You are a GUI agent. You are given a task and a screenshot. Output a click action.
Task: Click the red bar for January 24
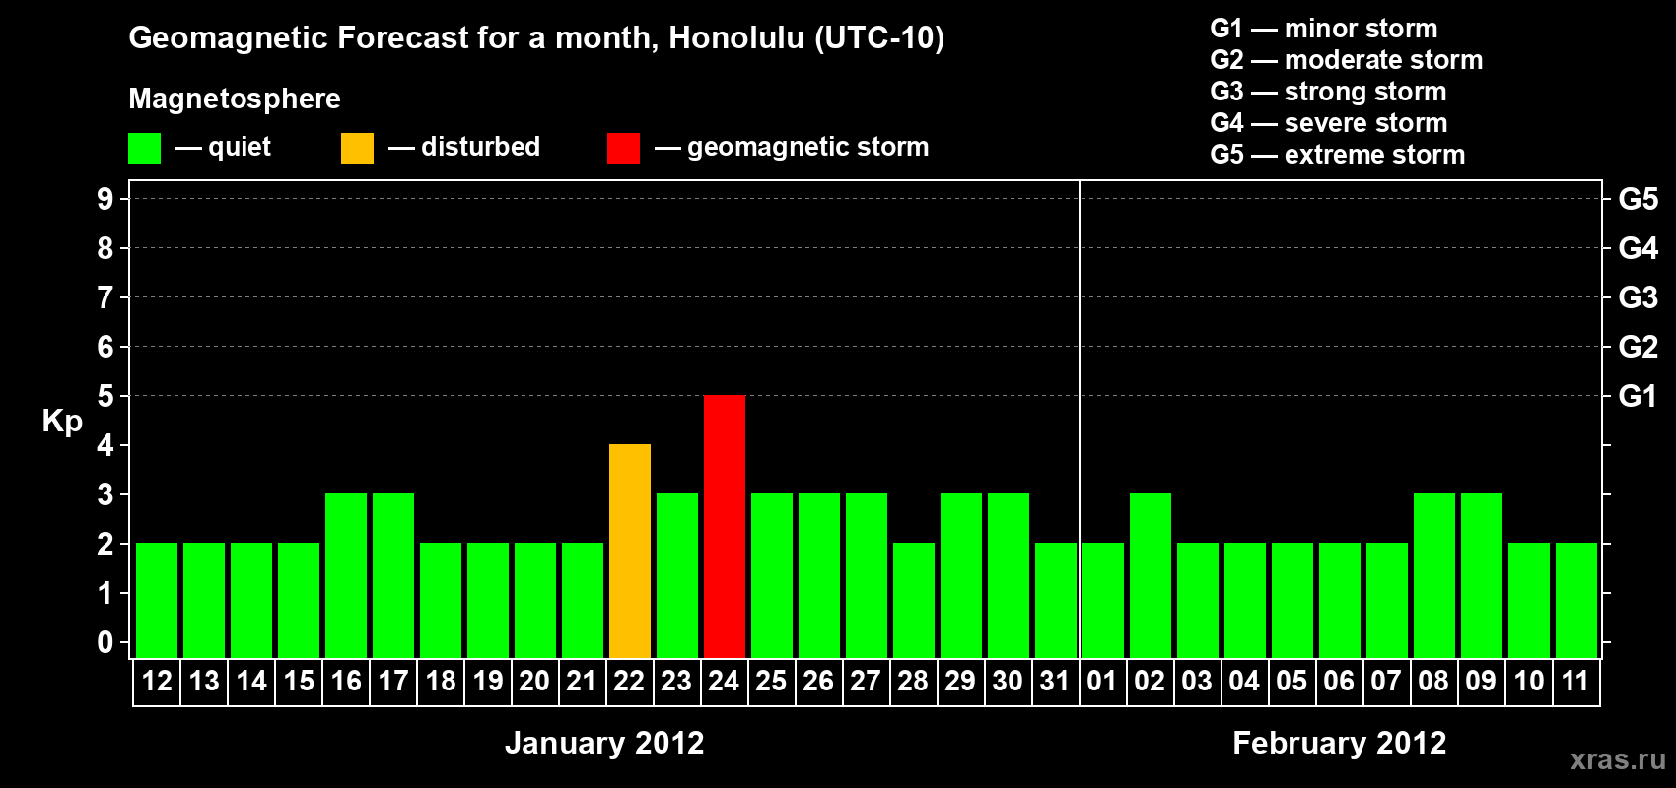click(725, 526)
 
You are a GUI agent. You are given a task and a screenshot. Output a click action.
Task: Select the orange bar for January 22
click(630, 551)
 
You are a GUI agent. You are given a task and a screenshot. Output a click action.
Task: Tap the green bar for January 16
click(346, 575)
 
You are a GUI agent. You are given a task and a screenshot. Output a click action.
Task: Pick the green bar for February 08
click(1434, 575)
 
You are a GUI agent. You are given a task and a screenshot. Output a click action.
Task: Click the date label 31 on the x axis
click(1055, 681)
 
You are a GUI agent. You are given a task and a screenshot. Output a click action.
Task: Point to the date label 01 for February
click(1102, 681)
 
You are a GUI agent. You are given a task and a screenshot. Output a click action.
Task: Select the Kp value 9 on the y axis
click(105, 199)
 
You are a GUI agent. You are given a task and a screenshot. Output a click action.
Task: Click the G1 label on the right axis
click(1638, 396)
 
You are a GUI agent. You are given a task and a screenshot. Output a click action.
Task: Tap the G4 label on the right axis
click(1638, 248)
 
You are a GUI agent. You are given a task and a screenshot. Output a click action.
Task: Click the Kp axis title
click(62, 422)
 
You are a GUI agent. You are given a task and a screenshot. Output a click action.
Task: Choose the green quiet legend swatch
click(144, 148)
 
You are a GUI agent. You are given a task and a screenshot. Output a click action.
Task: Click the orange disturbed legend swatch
click(357, 148)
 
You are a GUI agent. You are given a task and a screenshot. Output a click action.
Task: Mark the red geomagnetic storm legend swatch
click(624, 148)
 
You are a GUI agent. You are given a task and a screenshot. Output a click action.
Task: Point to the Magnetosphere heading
click(235, 98)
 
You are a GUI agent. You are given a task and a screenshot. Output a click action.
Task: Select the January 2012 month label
click(604, 743)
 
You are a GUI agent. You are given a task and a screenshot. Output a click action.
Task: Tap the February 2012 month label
click(1339, 743)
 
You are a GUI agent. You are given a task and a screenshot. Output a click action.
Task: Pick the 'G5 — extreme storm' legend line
click(1337, 155)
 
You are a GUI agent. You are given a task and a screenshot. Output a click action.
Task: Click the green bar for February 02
click(1150, 575)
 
